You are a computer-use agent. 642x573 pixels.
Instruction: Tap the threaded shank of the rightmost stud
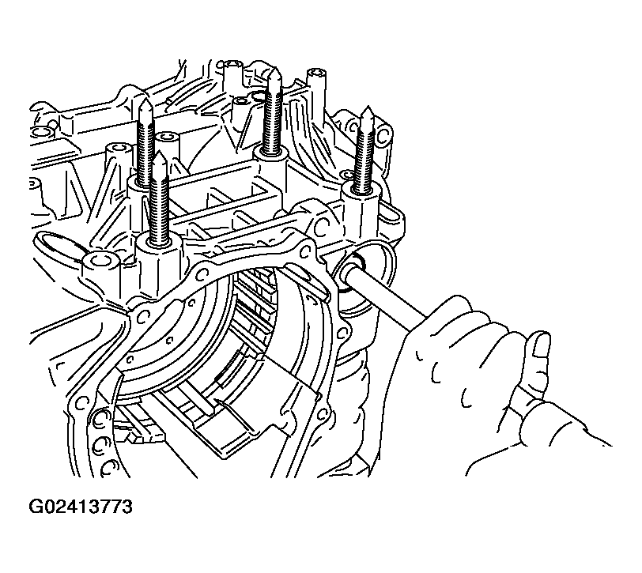tap(366, 158)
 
